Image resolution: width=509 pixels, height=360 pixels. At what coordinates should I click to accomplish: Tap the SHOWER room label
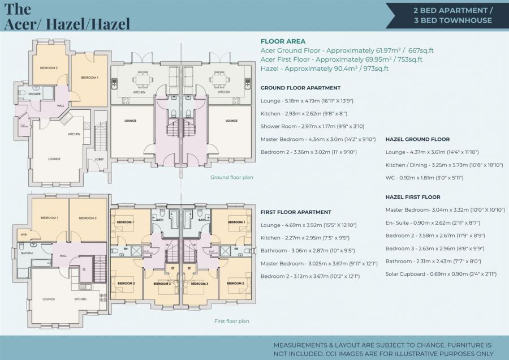[x=34, y=94]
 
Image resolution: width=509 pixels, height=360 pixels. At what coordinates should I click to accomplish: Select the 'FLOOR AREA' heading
[x=283, y=41]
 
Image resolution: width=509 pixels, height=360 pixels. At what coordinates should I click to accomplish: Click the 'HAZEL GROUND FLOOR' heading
[x=417, y=139]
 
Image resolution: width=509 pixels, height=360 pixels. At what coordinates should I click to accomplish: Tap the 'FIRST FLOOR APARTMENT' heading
[x=296, y=212]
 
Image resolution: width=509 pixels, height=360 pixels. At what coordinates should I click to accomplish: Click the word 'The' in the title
[x=18, y=9]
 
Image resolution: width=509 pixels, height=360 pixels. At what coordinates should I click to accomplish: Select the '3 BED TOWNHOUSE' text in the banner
[x=452, y=20]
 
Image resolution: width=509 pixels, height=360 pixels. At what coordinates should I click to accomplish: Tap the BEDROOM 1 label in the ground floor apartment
[x=89, y=78]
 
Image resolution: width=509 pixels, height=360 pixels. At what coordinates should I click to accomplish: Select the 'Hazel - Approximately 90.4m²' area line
[x=324, y=68]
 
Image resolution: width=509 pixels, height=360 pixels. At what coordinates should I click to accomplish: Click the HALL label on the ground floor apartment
[x=60, y=105]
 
